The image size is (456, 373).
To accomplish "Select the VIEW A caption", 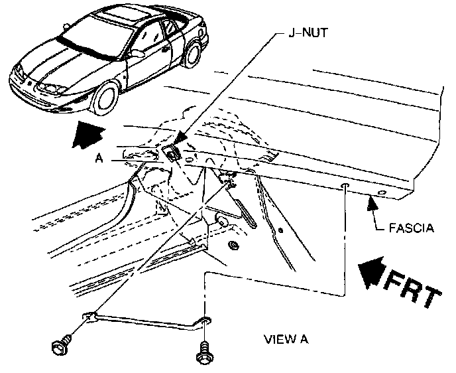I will click(286, 340).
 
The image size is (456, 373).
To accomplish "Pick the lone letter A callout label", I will click(99, 159).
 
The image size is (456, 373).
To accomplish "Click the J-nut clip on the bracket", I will click(174, 153).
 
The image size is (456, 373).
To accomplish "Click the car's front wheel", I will click(105, 96).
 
